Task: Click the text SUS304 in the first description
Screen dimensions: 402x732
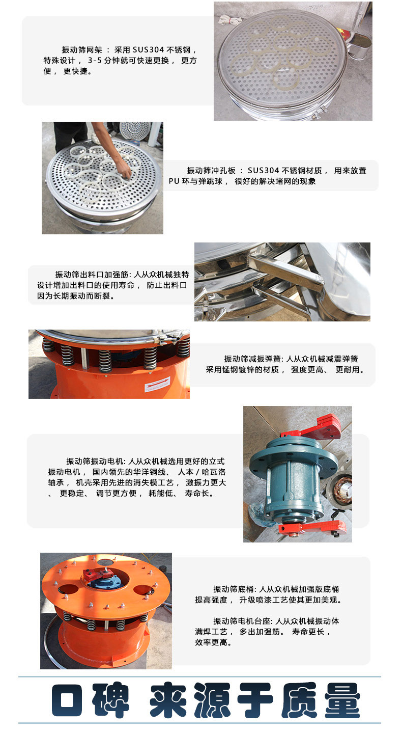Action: point(148,50)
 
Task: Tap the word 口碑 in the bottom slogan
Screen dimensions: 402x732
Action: point(90,699)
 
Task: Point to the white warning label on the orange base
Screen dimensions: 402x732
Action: point(157,384)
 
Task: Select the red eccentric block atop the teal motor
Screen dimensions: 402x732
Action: point(313,426)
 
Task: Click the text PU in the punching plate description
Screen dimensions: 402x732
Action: point(174,181)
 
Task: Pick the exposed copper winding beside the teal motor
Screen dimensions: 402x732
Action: point(343,490)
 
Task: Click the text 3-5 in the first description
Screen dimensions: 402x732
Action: point(95,61)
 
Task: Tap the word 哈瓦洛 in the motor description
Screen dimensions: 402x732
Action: point(214,472)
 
